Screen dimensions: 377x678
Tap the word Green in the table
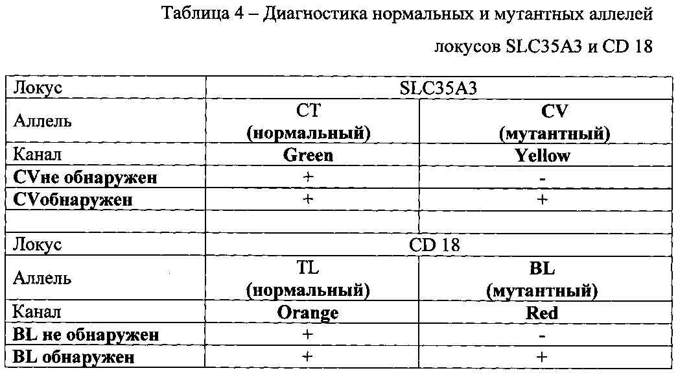point(308,156)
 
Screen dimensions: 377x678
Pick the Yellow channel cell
point(543,156)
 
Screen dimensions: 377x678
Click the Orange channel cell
point(308,313)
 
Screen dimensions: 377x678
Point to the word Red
point(543,313)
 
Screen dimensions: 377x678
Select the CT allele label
point(308,110)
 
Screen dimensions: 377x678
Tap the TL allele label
point(308,267)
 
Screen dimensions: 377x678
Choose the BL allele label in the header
point(543,268)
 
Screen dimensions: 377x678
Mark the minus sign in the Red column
point(543,336)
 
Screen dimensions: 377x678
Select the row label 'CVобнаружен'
point(73,199)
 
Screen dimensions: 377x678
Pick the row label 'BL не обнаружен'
point(86,335)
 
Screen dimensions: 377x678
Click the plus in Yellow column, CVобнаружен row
point(543,199)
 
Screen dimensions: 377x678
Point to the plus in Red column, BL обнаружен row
point(543,357)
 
